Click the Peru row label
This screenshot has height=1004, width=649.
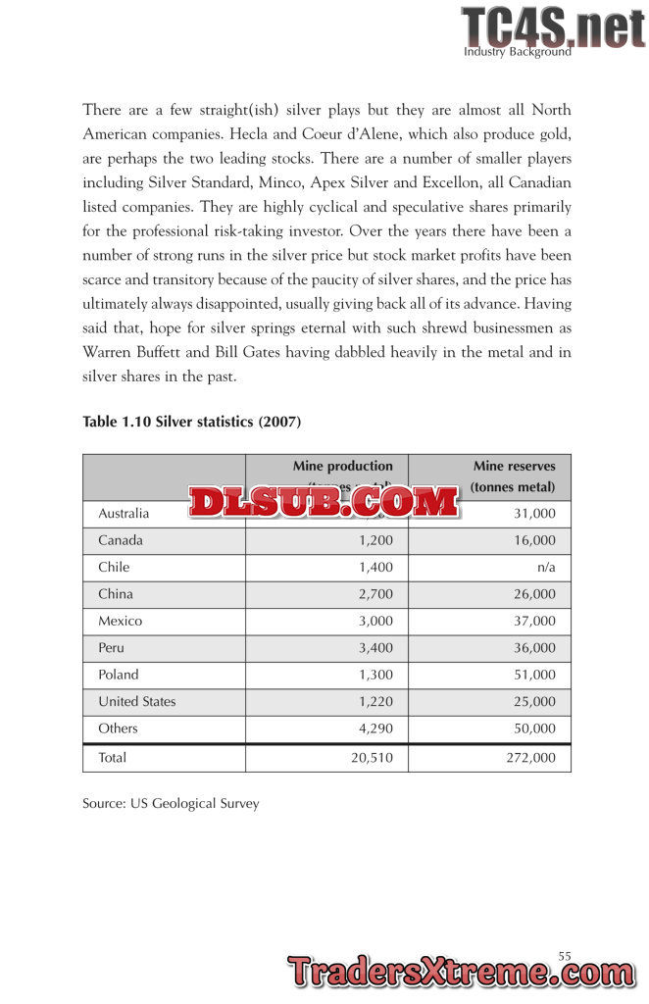pyautogui.click(x=111, y=648)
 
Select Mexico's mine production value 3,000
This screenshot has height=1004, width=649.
pyautogui.click(x=373, y=622)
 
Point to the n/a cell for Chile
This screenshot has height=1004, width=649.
pyautogui.click(x=545, y=568)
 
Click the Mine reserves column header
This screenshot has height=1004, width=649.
pyautogui.click(x=514, y=477)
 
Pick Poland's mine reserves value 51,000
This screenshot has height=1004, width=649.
pyautogui.click(x=534, y=676)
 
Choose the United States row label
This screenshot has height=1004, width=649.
pyautogui.click(x=137, y=702)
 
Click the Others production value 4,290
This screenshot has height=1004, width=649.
pyautogui.click(x=373, y=729)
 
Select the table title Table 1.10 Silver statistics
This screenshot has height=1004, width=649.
pyautogui.click(x=191, y=422)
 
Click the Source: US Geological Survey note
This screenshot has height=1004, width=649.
pyautogui.click(x=171, y=804)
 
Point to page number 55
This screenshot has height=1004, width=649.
pyautogui.click(x=565, y=955)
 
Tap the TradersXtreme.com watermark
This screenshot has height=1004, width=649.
pyautogui.click(x=461, y=974)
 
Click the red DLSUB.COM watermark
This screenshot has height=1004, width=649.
pyautogui.click(x=324, y=503)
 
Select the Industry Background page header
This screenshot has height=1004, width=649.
pyautogui.click(x=517, y=52)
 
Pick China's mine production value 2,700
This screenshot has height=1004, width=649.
pyautogui.click(x=373, y=594)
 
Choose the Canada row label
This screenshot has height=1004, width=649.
pyautogui.click(x=121, y=540)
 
